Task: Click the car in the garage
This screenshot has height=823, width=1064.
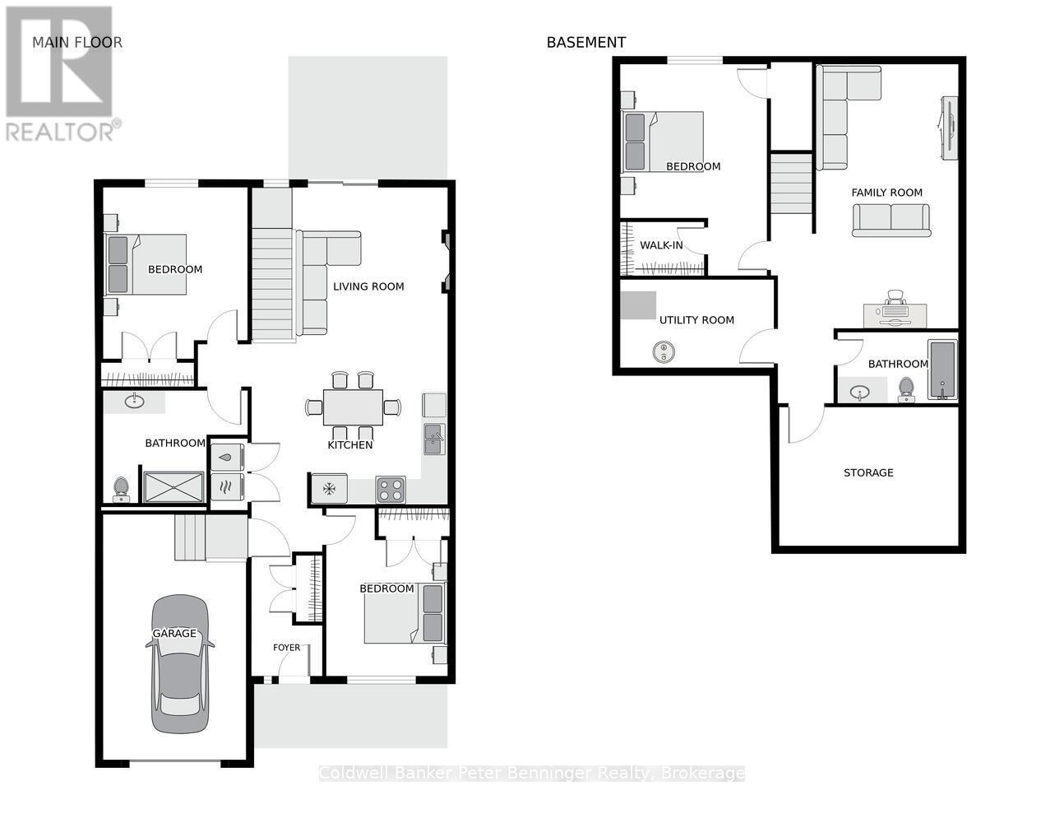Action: [179, 663]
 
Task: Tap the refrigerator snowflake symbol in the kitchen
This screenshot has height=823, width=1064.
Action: [329, 489]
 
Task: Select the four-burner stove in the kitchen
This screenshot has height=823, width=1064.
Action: [391, 489]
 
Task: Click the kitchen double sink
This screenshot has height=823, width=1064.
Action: [433, 439]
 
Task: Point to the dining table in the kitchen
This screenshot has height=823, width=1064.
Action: [353, 407]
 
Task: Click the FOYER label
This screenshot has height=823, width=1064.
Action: [287, 648]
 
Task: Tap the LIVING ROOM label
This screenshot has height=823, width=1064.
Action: [368, 286]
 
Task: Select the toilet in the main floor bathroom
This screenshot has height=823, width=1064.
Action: [121, 489]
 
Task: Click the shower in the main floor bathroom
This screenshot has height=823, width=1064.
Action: [173, 487]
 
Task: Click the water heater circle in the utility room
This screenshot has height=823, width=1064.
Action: [664, 352]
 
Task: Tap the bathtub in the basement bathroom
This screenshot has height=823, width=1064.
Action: [942, 370]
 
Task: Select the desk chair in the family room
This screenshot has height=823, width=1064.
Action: [895, 298]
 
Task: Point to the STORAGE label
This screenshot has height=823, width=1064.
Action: [868, 473]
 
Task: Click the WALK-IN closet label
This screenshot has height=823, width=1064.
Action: [661, 245]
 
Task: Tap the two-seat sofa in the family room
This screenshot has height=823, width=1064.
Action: [891, 220]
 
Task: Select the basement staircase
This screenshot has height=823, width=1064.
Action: [791, 184]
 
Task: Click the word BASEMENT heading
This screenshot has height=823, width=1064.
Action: [586, 43]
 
